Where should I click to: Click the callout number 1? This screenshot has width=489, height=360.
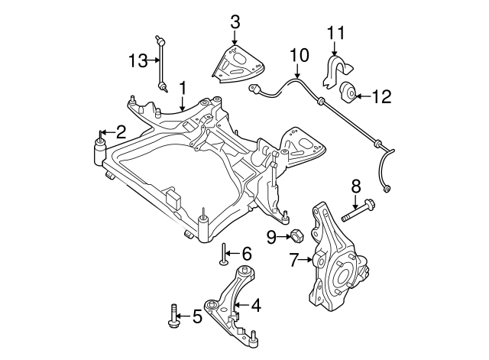pyautogui.click(x=183, y=89)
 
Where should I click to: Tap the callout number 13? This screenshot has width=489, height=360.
pyautogui.click(x=138, y=60)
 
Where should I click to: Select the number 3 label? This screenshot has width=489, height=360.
pyautogui.click(x=235, y=22)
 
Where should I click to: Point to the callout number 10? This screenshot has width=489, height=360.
pyautogui.click(x=299, y=55)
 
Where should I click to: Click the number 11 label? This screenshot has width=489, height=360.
pyautogui.click(x=336, y=32)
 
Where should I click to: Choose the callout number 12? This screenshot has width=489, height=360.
pyautogui.click(x=382, y=97)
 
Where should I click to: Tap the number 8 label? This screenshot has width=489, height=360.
pyautogui.click(x=356, y=186)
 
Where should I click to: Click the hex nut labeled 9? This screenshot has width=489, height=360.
pyautogui.click(x=295, y=235)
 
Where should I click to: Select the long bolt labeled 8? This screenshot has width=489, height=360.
pyautogui.click(x=358, y=211)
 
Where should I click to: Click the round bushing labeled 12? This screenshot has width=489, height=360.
pyautogui.click(x=348, y=91)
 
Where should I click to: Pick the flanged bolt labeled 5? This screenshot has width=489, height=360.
pyautogui.click(x=173, y=316)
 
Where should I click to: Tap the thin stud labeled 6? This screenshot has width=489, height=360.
pyautogui.click(x=224, y=255)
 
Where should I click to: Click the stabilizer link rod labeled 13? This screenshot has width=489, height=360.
pyautogui.click(x=161, y=64)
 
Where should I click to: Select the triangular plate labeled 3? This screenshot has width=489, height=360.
pyautogui.click(x=238, y=64)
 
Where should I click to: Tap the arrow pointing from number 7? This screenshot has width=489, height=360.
pyautogui.click(x=306, y=259)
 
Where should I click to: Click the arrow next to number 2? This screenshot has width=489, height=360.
pyautogui.click(x=108, y=132)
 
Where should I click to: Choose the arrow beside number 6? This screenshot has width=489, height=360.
pyautogui.click(x=232, y=254)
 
